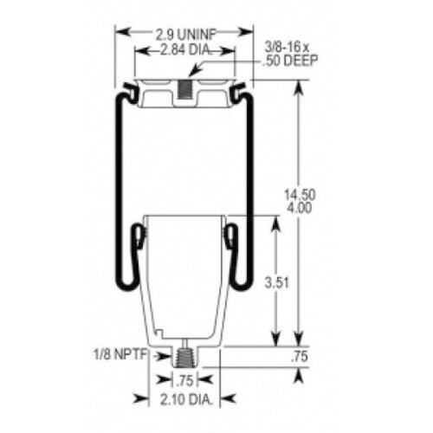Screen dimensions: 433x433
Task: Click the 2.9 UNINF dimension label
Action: [x=186, y=35]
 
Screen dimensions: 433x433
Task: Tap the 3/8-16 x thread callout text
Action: [x=287, y=48]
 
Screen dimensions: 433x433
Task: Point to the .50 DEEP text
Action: [x=290, y=61]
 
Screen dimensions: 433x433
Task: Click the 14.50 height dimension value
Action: [x=300, y=195]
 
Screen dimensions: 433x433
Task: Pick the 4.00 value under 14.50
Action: [x=300, y=208]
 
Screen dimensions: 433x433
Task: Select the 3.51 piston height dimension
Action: [x=277, y=283]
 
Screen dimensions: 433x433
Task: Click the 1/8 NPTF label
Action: [x=120, y=354]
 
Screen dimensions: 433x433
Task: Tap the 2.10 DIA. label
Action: [x=186, y=400]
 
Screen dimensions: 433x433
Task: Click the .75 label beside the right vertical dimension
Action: [x=300, y=357]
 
